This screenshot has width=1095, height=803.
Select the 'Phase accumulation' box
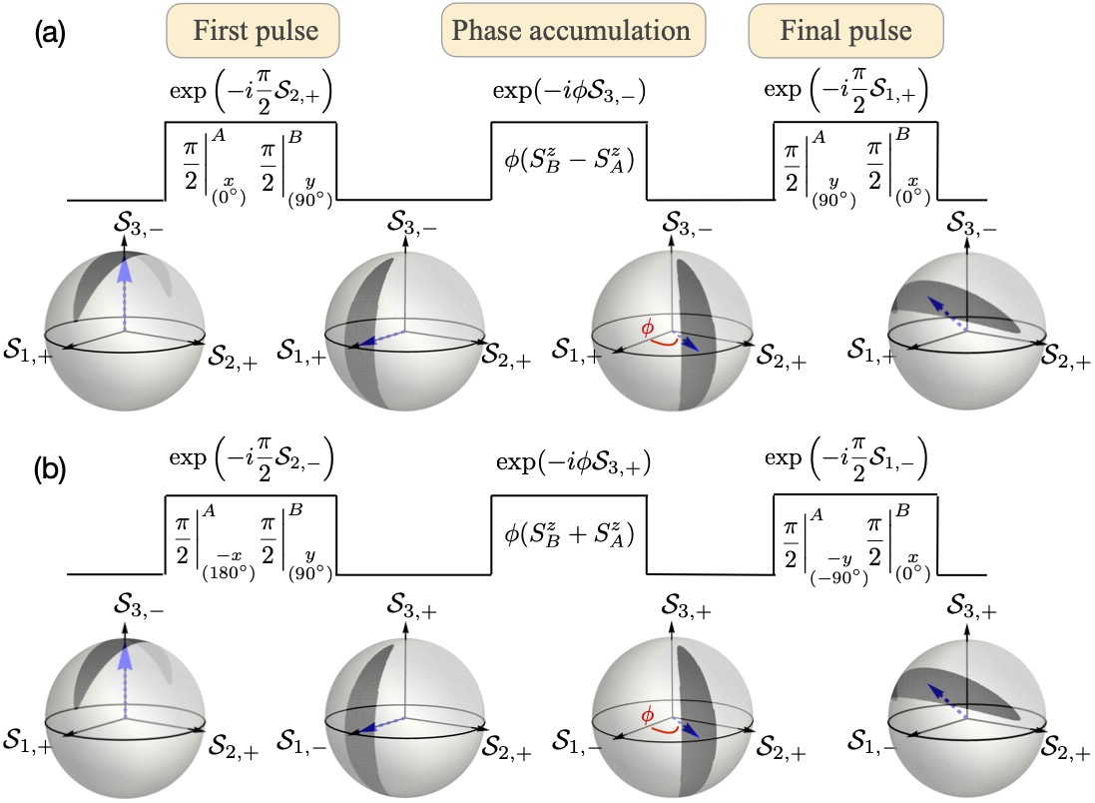573,31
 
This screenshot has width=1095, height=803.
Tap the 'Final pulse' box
844,31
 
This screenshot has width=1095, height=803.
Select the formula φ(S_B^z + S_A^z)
569,535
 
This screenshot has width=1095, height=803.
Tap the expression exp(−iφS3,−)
571,92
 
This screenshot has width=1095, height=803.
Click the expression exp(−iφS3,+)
571,465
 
